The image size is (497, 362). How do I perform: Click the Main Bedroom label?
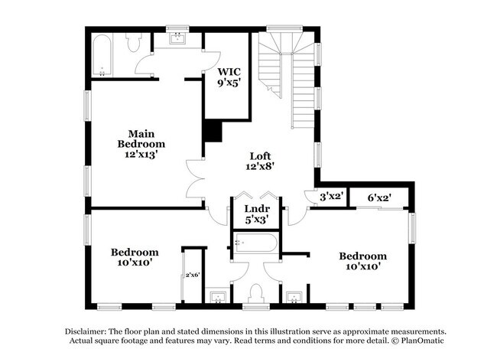pos(141,143)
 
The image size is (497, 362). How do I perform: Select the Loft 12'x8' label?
pos(261,161)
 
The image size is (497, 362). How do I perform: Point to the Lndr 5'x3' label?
pos(256,214)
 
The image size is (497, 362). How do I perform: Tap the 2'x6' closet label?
pos(192,275)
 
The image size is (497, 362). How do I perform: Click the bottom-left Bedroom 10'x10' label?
pos(135,257)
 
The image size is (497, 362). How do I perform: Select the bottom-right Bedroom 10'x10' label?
pos(363,261)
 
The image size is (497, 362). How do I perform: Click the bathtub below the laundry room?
pos(256,245)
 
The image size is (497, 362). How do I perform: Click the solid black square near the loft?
pos(212,131)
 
